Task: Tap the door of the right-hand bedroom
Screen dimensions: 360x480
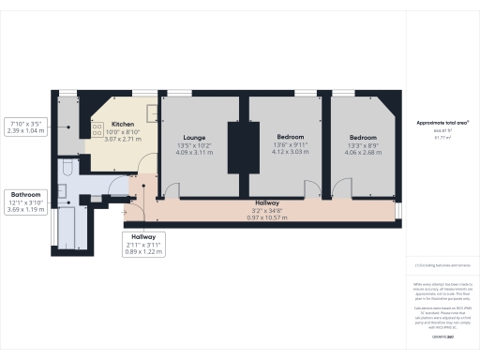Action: click(x=342, y=190)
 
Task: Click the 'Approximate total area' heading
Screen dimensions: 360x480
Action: click(x=442, y=123)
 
